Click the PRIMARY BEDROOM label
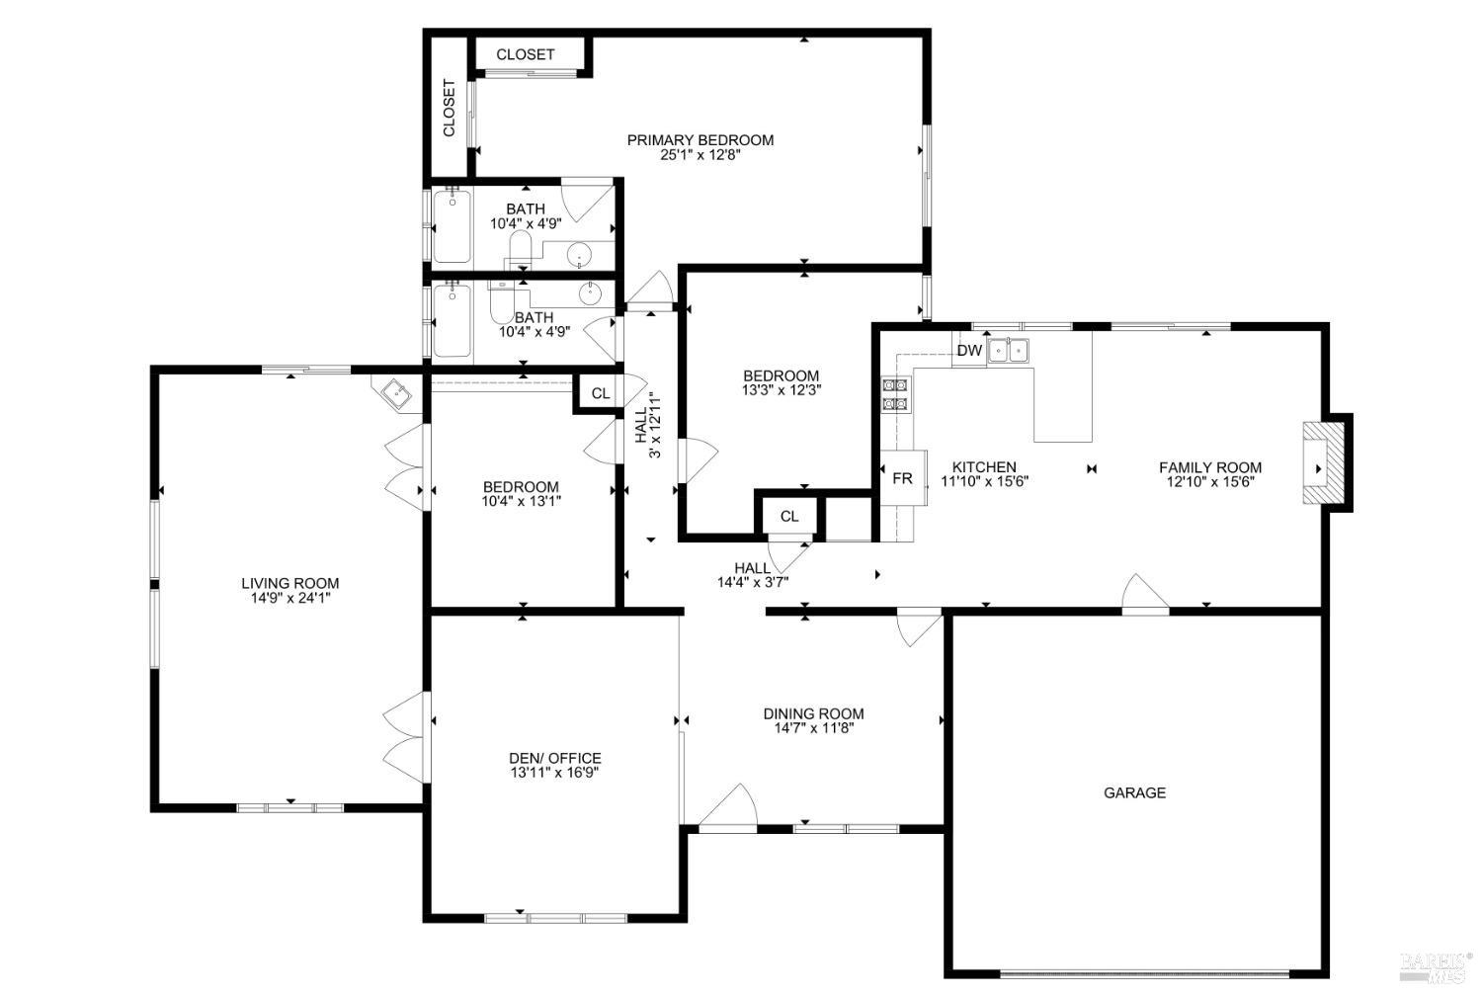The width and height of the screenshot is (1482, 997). tap(700, 140)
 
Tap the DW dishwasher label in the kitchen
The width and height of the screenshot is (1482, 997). tap(969, 351)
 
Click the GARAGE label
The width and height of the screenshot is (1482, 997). tap(1134, 792)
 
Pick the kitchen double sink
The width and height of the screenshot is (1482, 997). tap(1009, 350)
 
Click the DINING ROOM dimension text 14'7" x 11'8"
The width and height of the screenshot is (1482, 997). tap(813, 728)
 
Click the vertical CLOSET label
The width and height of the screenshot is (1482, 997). tap(449, 109)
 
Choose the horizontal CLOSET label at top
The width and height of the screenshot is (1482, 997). tap(525, 54)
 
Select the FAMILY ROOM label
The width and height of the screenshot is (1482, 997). tap(1209, 467)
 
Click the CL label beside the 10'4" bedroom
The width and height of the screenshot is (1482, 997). tap(600, 393)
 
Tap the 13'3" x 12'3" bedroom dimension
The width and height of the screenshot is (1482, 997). tap(781, 390)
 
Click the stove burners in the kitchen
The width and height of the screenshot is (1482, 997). tap(894, 394)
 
